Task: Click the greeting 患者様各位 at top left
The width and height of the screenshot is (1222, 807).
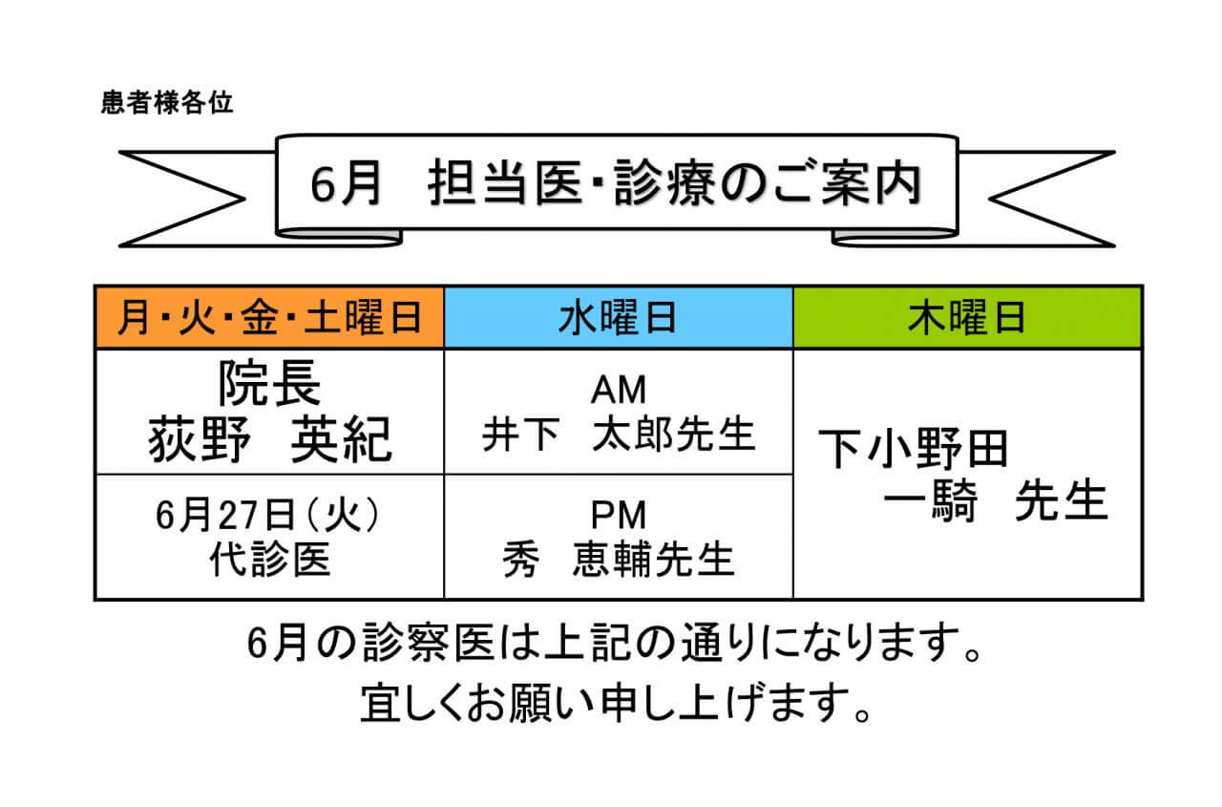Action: pos(166,103)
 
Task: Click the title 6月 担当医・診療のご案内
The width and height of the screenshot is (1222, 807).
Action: pos(616,185)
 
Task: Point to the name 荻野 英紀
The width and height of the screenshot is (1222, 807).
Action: pos(269,440)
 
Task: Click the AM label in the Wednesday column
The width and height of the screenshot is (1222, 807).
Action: pos(618,390)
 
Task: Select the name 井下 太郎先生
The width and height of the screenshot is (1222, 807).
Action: pos(618,435)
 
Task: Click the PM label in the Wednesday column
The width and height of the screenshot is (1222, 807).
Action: pos(618,516)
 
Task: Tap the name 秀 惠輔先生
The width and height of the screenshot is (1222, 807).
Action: pos(618,561)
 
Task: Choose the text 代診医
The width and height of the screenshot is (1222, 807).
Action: pos(269,561)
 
